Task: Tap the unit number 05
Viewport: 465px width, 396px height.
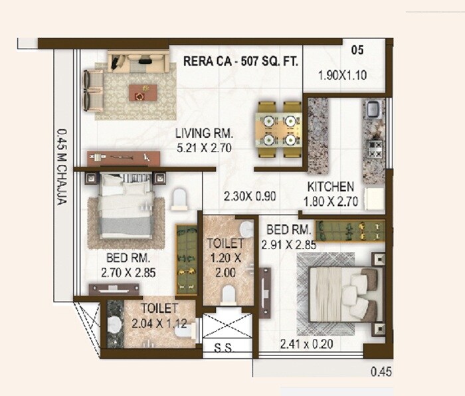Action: (357, 50)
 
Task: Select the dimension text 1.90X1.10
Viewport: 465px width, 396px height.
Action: (343, 75)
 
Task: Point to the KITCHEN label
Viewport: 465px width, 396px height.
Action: (330, 187)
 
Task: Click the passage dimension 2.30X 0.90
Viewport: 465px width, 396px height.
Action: (249, 197)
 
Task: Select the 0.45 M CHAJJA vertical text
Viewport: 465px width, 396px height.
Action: (61, 166)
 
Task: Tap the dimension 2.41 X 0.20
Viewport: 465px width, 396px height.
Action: (308, 344)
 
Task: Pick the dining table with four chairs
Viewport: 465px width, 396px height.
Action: (278, 130)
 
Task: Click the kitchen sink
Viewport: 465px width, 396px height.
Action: (373, 108)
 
